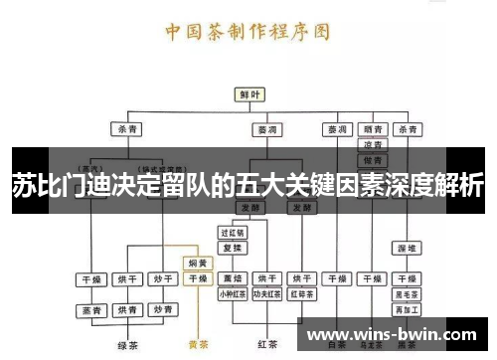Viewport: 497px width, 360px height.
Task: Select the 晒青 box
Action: [373, 129]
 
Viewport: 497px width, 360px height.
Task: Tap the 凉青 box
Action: [373, 144]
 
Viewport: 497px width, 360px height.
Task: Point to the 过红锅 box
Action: [233, 231]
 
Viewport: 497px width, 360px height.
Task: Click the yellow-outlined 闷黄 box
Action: [198, 264]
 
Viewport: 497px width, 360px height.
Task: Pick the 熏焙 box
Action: [233, 278]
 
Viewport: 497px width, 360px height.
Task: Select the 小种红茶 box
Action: [233, 293]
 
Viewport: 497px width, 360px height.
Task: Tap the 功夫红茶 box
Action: [266, 293]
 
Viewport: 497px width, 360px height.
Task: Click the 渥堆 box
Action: [407, 246]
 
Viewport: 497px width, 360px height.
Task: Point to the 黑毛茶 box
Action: [407, 295]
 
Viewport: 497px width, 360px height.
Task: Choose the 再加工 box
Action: [407, 310]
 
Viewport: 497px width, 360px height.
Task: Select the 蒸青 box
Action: [92, 311]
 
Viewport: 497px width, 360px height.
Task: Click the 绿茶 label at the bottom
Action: [126, 345]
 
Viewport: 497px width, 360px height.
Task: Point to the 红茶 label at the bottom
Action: [266, 344]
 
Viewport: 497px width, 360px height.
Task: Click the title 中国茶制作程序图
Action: [248, 30]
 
